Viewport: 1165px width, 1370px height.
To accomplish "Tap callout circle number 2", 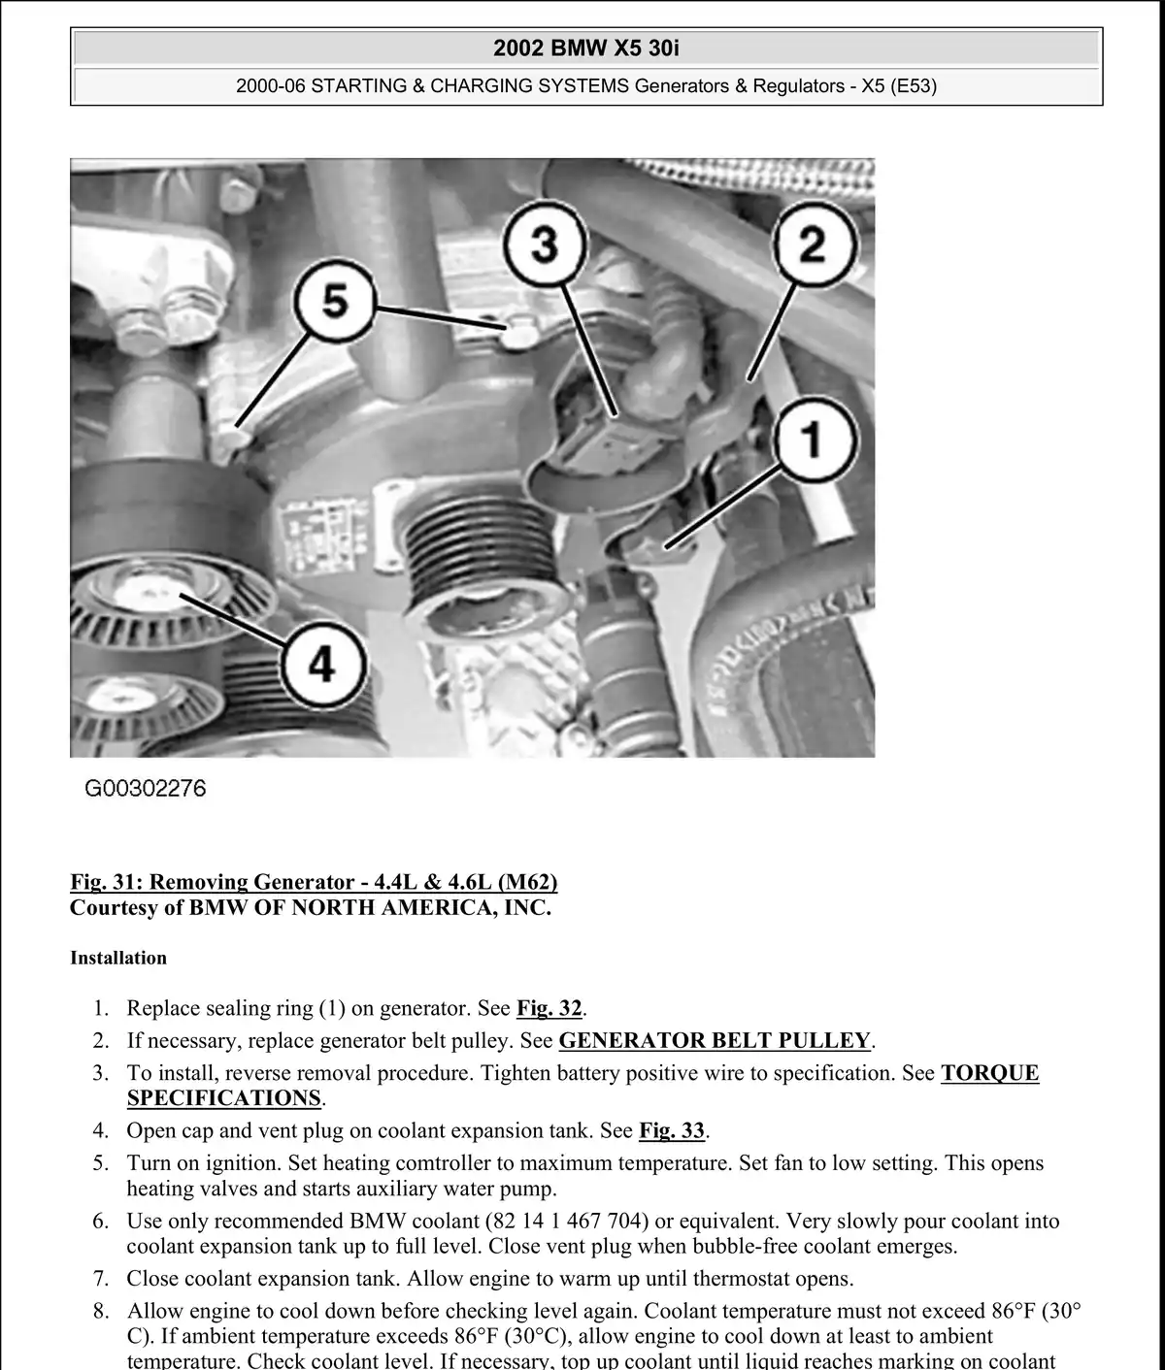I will coord(813,245).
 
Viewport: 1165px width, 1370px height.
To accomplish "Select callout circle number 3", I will coord(545,245).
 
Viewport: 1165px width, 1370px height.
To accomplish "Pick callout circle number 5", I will coord(335,300).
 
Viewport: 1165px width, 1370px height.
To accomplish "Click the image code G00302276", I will coord(146,789).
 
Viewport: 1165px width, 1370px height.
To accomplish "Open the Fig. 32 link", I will coord(549,1008).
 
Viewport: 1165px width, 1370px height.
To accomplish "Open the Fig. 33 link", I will coord(671,1130).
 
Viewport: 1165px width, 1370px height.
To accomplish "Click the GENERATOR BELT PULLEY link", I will coord(715,1040).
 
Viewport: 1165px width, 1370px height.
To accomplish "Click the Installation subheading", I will coord(118,958).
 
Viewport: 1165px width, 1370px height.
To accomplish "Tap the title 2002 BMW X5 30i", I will coord(586,48).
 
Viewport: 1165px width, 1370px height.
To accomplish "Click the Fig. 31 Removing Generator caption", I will coord(314,882).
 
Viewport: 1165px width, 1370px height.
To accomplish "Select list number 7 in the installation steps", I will coord(101,1279).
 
